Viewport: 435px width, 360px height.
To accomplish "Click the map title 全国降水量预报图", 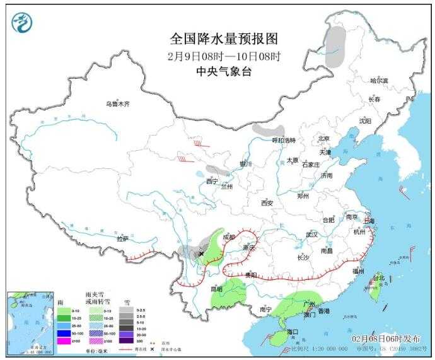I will (224, 40).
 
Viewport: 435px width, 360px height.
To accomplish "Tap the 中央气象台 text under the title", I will (224, 71).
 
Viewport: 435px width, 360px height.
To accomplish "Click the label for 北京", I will (324, 138).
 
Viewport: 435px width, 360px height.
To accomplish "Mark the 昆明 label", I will (217, 289).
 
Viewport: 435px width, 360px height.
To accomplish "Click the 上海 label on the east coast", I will (369, 221).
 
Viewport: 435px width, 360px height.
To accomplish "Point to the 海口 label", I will (291, 332).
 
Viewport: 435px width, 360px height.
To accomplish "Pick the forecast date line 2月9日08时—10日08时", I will (224, 55).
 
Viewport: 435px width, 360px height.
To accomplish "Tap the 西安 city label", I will (267, 203).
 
